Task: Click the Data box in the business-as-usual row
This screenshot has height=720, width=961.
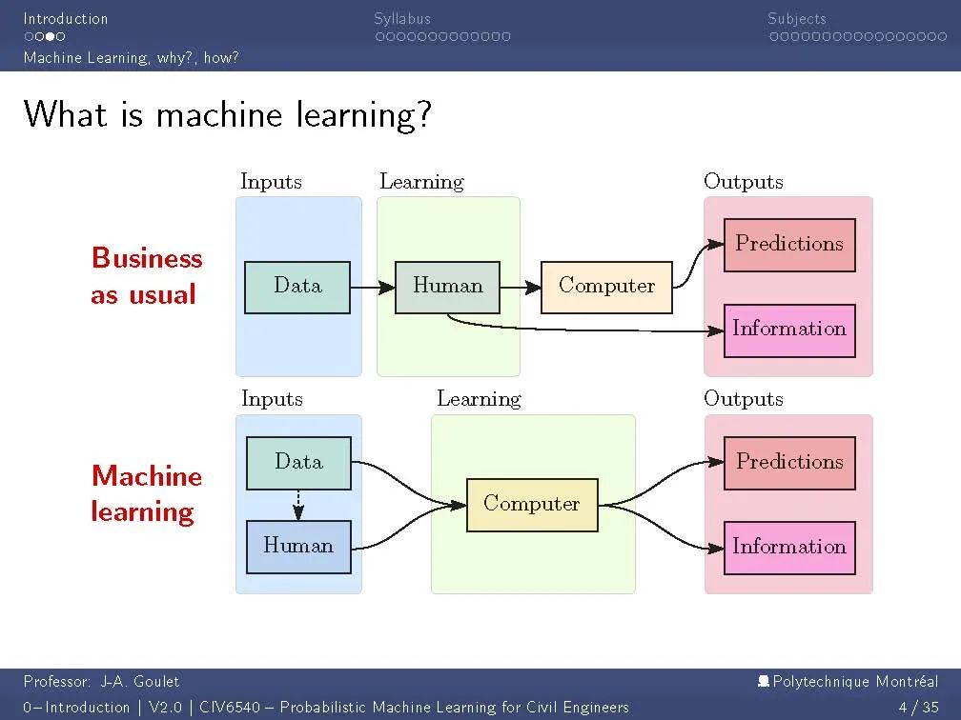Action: (x=297, y=287)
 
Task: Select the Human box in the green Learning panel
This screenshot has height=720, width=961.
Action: (x=447, y=287)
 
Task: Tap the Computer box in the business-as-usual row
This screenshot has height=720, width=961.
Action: (x=606, y=287)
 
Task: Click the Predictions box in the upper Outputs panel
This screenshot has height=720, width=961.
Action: (x=788, y=245)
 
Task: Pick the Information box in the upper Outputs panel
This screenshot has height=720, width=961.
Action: (x=788, y=330)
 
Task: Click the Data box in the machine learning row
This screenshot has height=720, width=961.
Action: (x=298, y=463)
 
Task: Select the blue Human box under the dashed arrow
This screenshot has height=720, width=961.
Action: (x=298, y=547)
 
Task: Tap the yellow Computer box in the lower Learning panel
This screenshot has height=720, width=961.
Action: (x=531, y=505)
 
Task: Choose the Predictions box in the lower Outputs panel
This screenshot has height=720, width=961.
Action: (x=788, y=463)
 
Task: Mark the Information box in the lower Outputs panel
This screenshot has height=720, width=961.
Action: (x=788, y=548)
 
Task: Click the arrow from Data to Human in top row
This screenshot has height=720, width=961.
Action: (x=373, y=287)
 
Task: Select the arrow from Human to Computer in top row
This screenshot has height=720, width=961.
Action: (x=521, y=287)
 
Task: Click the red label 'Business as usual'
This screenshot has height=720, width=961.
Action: (x=146, y=276)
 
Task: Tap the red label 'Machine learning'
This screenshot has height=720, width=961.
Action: (x=146, y=493)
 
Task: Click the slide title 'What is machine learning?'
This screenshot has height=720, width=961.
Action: (x=228, y=115)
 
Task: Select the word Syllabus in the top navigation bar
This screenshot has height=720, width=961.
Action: (x=402, y=18)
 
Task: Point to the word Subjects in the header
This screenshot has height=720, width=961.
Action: (x=797, y=18)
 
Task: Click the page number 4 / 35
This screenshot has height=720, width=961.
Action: (x=918, y=707)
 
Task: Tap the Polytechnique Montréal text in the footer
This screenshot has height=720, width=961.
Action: (x=854, y=681)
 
